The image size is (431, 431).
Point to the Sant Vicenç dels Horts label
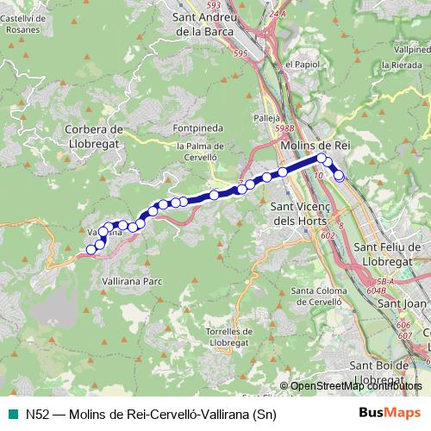click(296, 213)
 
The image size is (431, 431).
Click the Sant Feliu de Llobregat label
click(388, 254)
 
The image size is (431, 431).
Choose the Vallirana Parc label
click(132, 282)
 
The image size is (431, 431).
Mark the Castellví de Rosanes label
click(21, 22)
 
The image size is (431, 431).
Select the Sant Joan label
click(403, 303)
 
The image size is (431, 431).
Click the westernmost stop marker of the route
click(91, 250)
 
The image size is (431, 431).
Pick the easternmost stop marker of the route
click(339, 176)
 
